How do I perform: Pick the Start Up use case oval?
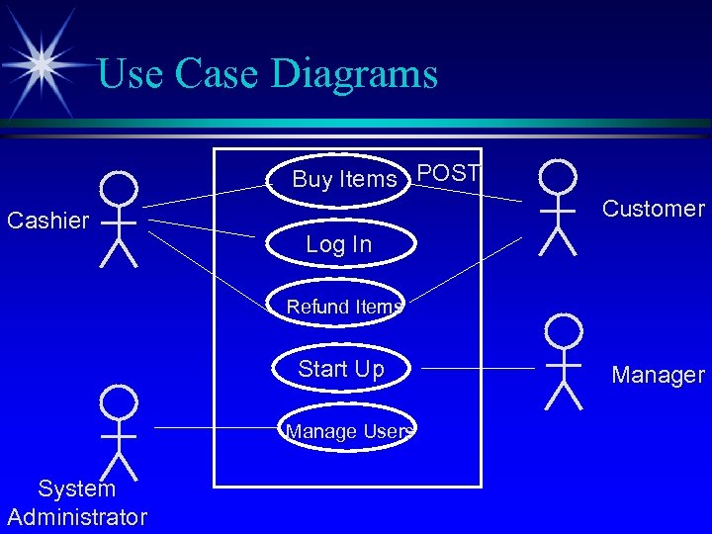(341, 369)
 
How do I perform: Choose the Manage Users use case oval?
(346, 431)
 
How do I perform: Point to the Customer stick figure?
(558, 209)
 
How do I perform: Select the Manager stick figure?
(564, 362)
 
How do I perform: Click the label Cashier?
(47, 221)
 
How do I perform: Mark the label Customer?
(654, 209)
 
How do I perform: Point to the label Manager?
(658, 375)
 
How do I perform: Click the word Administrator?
(77, 516)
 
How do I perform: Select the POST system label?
(448, 174)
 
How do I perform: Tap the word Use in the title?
(131, 74)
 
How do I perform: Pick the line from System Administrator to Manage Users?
(212, 427)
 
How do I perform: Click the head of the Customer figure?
(558, 177)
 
